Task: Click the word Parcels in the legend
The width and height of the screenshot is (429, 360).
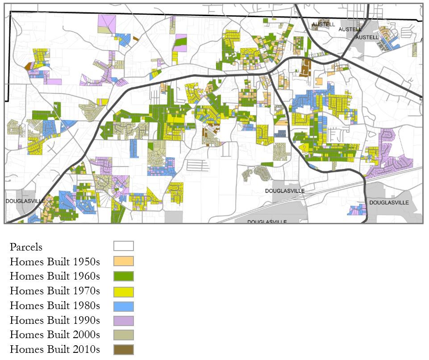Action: pyautogui.click(x=26, y=247)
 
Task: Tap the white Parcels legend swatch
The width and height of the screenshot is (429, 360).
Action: pyautogui.click(x=123, y=246)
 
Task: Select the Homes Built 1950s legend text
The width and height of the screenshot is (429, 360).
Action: pyautogui.click(x=55, y=262)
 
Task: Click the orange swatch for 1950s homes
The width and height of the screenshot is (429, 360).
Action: pyautogui.click(x=123, y=261)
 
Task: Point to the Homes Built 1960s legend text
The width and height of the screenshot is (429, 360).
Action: pyautogui.click(x=55, y=276)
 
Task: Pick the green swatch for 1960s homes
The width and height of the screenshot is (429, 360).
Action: pyautogui.click(x=123, y=276)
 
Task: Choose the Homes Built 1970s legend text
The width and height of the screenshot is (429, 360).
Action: pyautogui.click(x=55, y=291)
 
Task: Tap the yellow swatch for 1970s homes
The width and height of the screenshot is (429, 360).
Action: pyautogui.click(x=123, y=291)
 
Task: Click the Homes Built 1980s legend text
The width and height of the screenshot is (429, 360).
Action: pyautogui.click(x=55, y=306)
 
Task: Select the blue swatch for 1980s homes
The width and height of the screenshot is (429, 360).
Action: pyautogui.click(x=123, y=306)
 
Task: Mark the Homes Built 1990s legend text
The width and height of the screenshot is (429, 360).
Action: pyautogui.click(x=55, y=321)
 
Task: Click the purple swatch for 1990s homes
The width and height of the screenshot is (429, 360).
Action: pyautogui.click(x=123, y=321)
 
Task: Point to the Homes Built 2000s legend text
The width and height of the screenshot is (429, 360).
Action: pyautogui.click(x=55, y=335)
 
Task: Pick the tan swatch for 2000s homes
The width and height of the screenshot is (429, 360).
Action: pyautogui.click(x=123, y=335)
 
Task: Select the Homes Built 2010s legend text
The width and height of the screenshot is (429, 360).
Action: pyautogui.click(x=55, y=350)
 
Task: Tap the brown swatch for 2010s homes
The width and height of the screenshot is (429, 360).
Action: pyautogui.click(x=123, y=350)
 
